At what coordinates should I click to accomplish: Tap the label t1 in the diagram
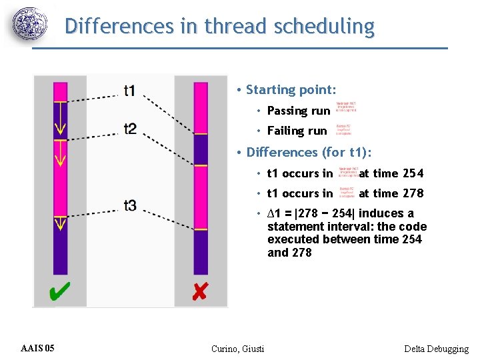[x=130, y=90]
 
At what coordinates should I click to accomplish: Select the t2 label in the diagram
[x=130, y=128]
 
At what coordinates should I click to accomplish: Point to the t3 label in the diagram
[x=129, y=205]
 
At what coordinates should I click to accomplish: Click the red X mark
[x=199, y=291]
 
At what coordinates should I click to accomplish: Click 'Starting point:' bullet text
[x=291, y=89]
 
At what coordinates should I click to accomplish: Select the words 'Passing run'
[x=298, y=111]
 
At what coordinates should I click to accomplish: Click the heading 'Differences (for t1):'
[x=309, y=152]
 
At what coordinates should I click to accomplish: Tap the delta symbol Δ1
[x=272, y=213]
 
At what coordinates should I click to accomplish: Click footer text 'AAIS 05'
[x=38, y=348]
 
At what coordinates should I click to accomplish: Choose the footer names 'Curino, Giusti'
[x=237, y=349]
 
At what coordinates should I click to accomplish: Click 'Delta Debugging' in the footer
[x=436, y=349]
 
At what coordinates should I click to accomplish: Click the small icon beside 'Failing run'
[x=343, y=129]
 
